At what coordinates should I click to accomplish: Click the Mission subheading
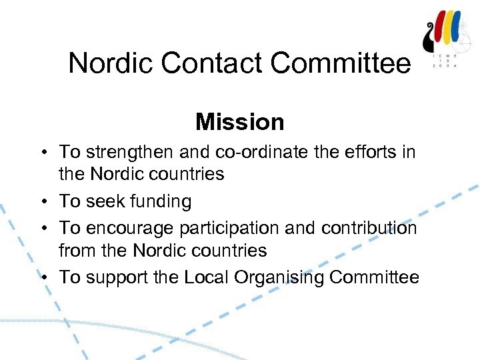(x=240, y=122)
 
